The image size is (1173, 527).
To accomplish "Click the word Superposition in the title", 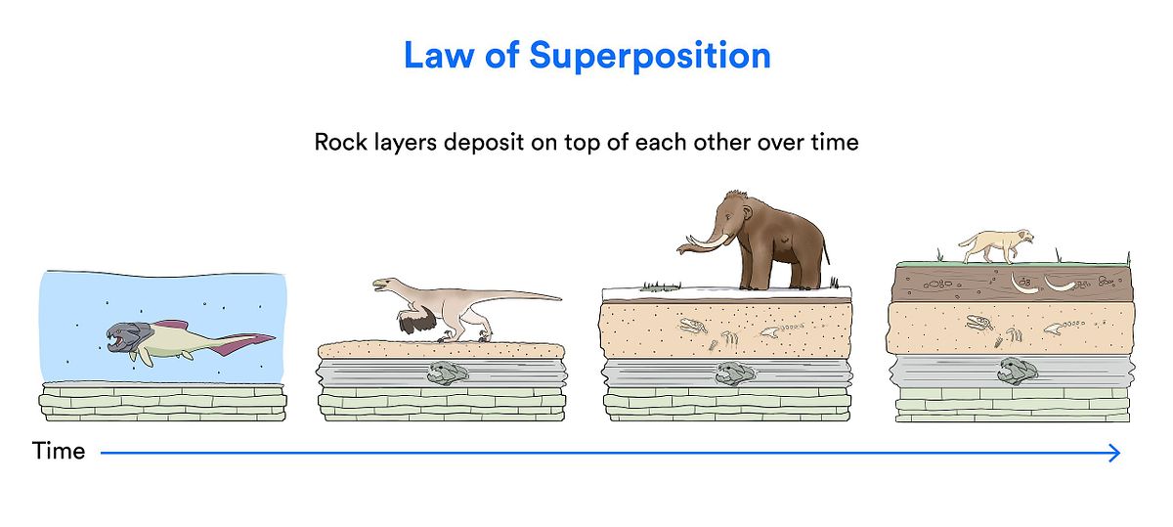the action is point(650,57).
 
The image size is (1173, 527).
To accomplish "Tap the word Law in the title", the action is point(439,55).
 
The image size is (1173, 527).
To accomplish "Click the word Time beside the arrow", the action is point(58,451).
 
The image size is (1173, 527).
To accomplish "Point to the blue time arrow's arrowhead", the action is point(1114,453).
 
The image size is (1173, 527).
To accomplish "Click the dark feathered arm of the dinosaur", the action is point(416,319).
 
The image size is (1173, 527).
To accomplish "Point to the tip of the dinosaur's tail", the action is point(560,299).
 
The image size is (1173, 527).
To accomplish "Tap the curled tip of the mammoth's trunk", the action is point(679,250).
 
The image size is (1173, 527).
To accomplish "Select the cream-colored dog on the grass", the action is point(996,245).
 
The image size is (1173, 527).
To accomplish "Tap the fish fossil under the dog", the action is point(1018,371).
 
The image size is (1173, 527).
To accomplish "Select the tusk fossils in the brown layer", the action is point(1042,284).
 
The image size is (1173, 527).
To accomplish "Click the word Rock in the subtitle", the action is point(340,142).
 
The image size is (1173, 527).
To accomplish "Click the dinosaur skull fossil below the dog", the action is point(979,323).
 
